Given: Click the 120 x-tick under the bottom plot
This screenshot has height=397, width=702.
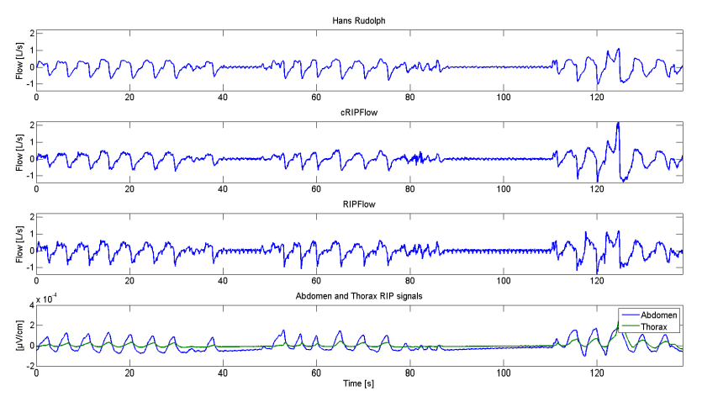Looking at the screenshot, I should (x=597, y=373).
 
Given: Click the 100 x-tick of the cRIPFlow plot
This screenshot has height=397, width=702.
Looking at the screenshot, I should (x=503, y=189).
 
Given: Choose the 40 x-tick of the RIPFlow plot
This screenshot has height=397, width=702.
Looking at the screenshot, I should (x=223, y=281).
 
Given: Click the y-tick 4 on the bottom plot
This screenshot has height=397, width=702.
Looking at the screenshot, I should (x=29, y=304).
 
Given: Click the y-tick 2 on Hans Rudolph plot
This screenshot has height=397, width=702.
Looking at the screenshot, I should (x=29, y=33).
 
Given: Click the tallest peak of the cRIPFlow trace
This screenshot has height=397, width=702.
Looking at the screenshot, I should (x=618, y=124).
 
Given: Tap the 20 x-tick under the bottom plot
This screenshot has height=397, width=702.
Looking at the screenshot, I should (x=129, y=373).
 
